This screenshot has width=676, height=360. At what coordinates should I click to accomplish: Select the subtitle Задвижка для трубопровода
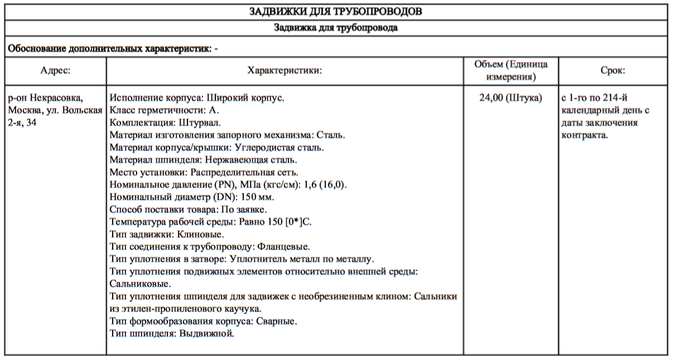click(336, 27)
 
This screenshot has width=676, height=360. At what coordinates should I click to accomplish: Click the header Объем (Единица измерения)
click(511, 70)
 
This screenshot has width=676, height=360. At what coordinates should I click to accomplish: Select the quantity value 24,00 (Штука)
click(511, 98)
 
